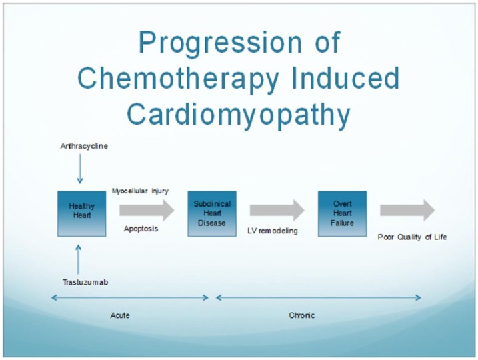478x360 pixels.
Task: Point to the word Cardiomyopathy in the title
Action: click(239, 115)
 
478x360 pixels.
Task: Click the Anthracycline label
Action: click(84, 146)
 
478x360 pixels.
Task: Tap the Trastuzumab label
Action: click(85, 282)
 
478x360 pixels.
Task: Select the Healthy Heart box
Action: click(82, 214)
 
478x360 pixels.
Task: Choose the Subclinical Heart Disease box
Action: click(212, 214)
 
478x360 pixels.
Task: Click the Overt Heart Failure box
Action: click(342, 214)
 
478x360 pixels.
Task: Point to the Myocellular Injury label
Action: click(140, 191)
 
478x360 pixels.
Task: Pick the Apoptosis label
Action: click(141, 229)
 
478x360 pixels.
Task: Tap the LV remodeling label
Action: click(273, 231)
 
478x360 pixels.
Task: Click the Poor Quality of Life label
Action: click(412, 237)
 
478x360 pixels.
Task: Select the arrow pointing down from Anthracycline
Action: click(80, 169)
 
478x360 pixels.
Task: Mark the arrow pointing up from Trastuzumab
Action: click(79, 259)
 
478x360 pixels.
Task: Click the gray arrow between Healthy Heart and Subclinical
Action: click(147, 210)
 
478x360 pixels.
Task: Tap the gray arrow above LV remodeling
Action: click(277, 210)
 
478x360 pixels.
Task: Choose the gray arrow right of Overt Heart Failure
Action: click(407, 210)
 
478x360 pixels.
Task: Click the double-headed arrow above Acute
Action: click(130, 297)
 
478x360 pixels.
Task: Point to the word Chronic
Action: click(302, 315)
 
